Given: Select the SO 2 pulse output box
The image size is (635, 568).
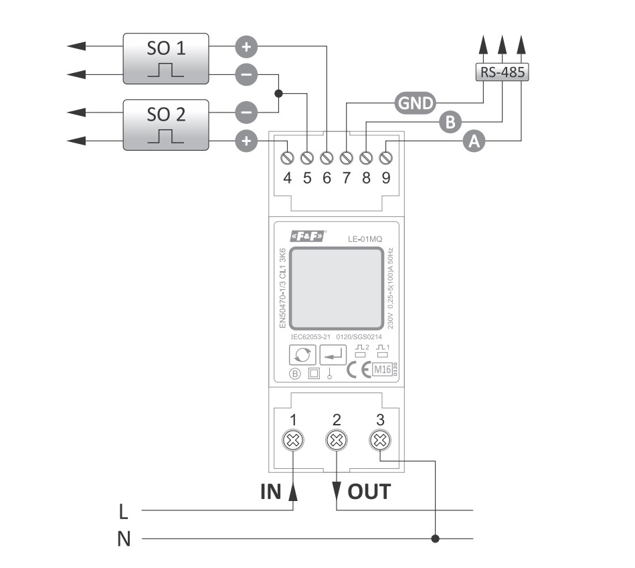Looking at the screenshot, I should coord(165,125).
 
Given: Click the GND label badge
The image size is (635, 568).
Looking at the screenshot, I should coord(414,102).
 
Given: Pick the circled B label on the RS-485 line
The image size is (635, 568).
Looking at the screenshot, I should coord(450,122).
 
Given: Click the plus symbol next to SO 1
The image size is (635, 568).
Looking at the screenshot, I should coord(246,47).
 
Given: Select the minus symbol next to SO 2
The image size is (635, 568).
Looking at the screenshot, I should coord(246,113).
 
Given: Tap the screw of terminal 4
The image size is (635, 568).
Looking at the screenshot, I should coord(288,158).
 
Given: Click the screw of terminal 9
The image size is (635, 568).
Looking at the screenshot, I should coord(386,158).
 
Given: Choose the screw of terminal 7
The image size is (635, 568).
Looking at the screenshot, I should coord(347,158).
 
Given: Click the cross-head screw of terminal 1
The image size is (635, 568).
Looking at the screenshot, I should coord(294,440).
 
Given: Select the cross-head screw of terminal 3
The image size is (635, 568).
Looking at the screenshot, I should coord(380,440).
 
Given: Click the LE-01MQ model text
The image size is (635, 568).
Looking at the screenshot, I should coord(365,238).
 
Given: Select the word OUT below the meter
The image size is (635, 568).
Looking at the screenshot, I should coord(369,492).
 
